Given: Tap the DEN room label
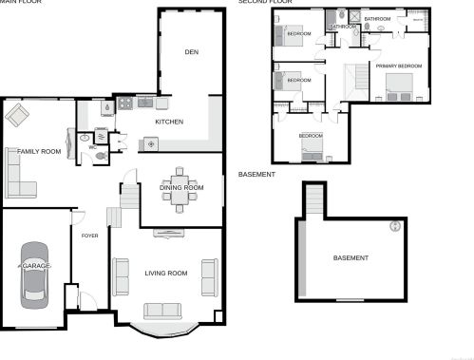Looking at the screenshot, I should coord(191,51).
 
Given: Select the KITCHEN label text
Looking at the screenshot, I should coord(169,123).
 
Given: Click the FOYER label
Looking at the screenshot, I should coord(90,235).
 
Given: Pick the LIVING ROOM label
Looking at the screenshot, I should coord(166,274).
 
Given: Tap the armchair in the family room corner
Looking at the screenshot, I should coord(17,117).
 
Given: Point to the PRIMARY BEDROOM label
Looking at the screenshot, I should coord(398,66).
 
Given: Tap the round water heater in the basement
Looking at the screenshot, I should coord(395,226).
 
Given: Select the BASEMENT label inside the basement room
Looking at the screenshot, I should coord(351,258).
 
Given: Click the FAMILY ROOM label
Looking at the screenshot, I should coord(39,151).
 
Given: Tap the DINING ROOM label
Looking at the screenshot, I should coord(181,188).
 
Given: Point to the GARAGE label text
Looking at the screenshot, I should coord(35,265).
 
